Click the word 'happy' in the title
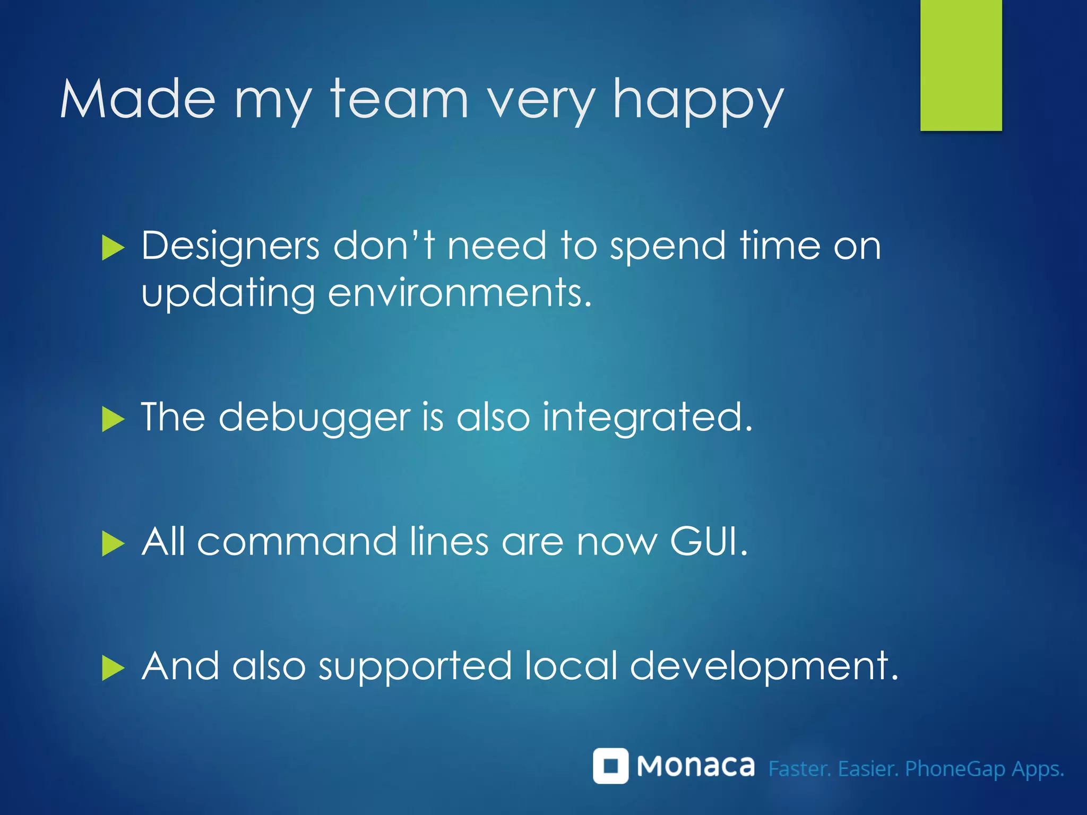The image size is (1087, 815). click(698, 101)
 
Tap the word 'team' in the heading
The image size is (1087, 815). click(399, 98)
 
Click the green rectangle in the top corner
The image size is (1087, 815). click(961, 65)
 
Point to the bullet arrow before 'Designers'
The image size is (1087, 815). click(113, 248)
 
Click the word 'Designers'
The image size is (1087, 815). click(230, 247)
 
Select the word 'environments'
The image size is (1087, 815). click(459, 293)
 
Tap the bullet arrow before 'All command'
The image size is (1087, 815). click(113, 544)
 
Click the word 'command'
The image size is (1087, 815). click(297, 542)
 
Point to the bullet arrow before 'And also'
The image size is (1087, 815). click(113, 668)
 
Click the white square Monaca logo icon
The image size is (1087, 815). click(610, 766)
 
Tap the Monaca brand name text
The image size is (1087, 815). click(695, 766)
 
